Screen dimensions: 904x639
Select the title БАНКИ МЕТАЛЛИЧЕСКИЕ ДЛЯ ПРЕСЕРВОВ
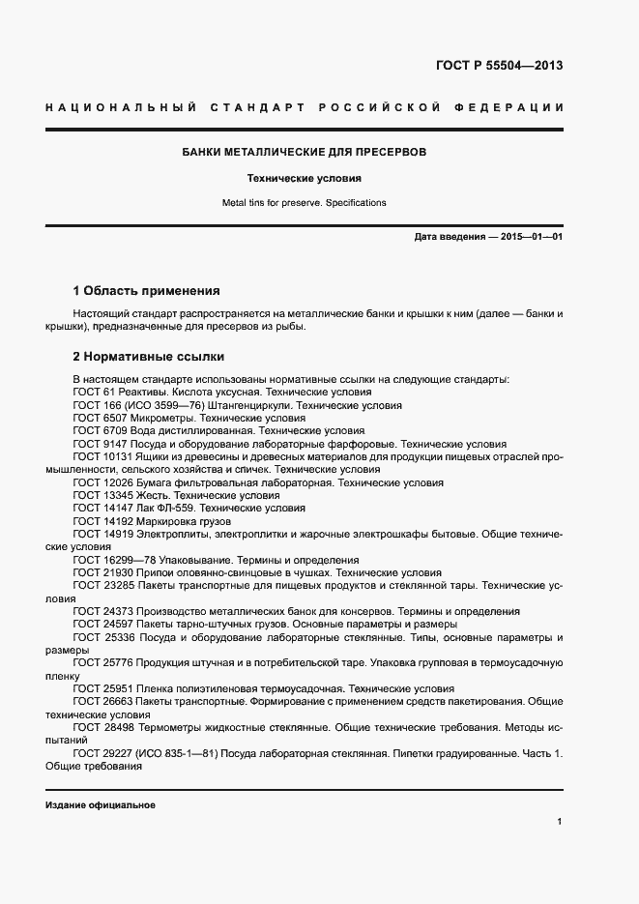point(305,152)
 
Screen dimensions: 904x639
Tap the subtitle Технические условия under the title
point(305,179)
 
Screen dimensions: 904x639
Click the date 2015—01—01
point(530,236)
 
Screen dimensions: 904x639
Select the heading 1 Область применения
point(147,290)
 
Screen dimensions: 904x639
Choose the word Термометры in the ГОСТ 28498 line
point(168,726)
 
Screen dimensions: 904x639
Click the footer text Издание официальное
point(101,805)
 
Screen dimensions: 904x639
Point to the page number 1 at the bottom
point(559,822)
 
